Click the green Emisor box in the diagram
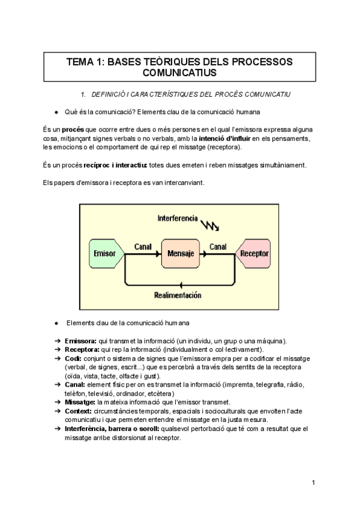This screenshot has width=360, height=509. [104, 254]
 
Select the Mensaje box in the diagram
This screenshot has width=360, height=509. [179, 254]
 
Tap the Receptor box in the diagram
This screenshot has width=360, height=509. [254, 254]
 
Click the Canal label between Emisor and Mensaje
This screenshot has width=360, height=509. [142, 247]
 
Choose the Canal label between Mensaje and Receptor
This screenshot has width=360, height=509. [217, 247]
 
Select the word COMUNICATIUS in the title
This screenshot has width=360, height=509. [179, 73]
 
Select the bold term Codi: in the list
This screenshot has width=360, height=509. [73, 358]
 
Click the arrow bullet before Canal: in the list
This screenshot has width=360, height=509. [58, 385]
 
